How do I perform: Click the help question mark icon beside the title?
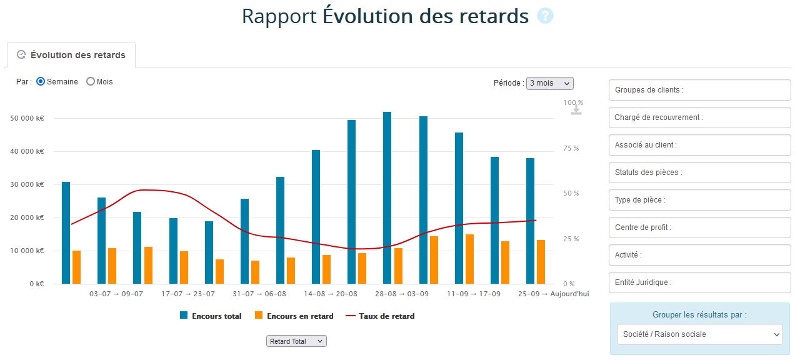pos(545,16)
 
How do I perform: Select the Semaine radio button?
pos(41,82)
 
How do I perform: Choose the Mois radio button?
pos(91,82)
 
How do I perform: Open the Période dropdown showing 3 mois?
pos(549,83)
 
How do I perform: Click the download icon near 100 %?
pos(576,109)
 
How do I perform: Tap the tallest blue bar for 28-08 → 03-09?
pos(387,197)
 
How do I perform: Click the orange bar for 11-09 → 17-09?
pos(469,259)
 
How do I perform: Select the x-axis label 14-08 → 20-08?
pos(331,294)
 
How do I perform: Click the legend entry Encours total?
pos(211,316)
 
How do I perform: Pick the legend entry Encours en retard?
pos(294,316)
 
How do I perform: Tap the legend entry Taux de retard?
pos(380,316)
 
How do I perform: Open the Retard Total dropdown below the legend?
pos(296,341)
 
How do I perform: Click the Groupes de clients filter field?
pos(699,90)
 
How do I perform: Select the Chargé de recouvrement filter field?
pos(699,117)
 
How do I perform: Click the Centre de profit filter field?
pos(699,227)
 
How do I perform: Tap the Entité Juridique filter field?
pos(699,282)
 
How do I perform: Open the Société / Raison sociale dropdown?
pos(699,334)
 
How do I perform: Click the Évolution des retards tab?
pos(71,55)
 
